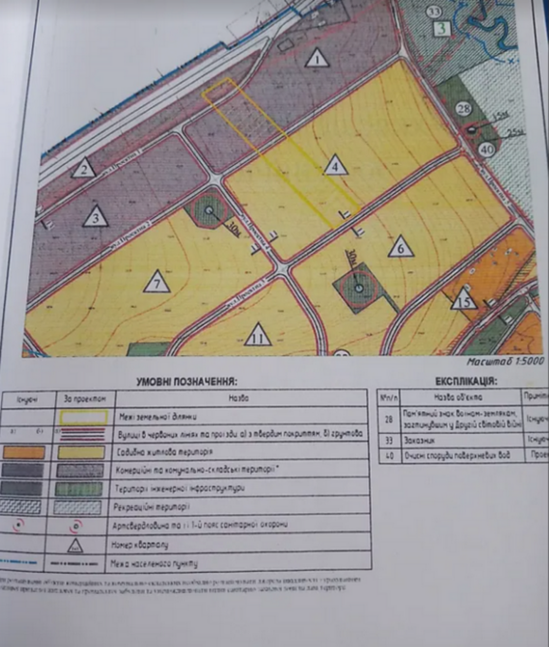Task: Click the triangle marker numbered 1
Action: click(x=317, y=60)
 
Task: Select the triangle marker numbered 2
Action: click(x=84, y=169)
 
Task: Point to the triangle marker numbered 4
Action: click(x=335, y=165)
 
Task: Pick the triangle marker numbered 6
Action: click(x=400, y=247)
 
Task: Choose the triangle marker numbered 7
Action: click(x=156, y=283)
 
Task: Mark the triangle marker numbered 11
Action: click(x=257, y=337)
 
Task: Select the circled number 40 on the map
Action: click(x=486, y=151)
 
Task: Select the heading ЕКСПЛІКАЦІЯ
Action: click(x=464, y=381)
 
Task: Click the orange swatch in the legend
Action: click(x=25, y=451)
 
